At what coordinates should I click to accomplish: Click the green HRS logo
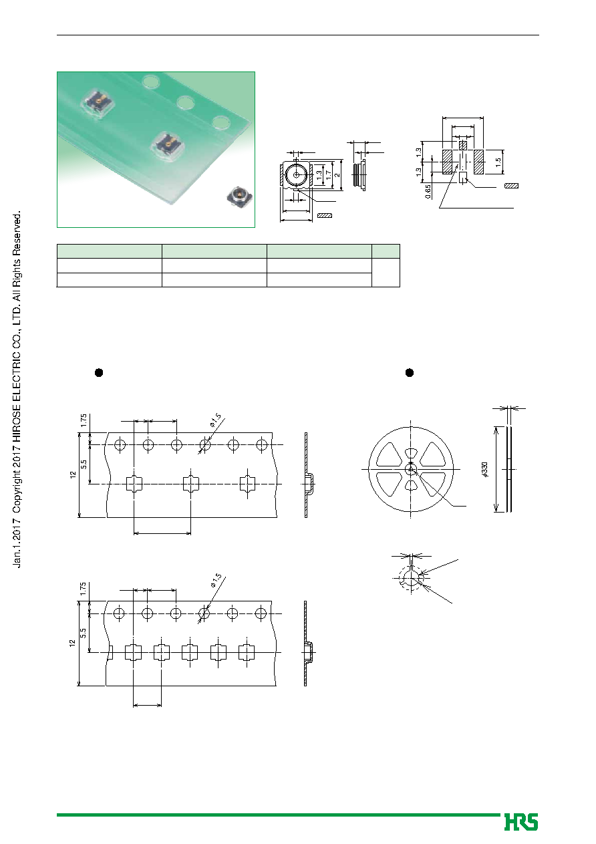click(521, 822)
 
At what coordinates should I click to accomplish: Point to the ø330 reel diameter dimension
click(485, 470)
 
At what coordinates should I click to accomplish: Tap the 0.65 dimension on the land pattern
click(428, 191)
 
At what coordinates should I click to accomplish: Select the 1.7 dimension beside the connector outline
click(329, 175)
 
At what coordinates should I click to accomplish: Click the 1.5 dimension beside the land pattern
click(498, 162)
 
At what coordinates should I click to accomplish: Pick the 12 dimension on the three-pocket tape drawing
click(73, 474)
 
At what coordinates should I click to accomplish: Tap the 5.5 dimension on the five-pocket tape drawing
click(84, 633)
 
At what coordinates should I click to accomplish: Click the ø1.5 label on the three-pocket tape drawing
click(216, 420)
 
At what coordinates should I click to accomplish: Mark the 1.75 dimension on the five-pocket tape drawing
click(84, 589)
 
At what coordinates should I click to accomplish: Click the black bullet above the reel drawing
click(410, 373)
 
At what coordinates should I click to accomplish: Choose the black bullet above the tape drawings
click(99, 373)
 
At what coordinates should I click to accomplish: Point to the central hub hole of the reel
click(411, 469)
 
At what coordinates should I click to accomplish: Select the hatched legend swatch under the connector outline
click(324, 216)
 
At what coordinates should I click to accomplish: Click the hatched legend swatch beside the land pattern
click(511, 186)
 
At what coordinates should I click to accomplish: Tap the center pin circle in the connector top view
click(297, 175)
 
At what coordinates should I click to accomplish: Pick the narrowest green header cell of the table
click(386, 251)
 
